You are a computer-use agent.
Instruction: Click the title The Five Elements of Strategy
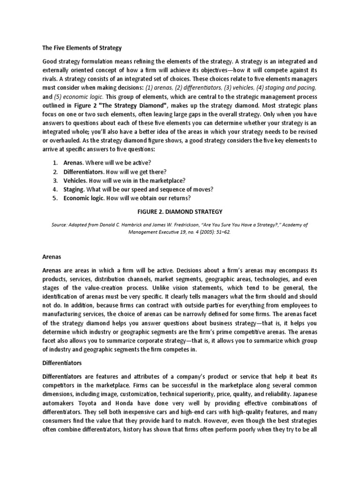pos(82,47)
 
